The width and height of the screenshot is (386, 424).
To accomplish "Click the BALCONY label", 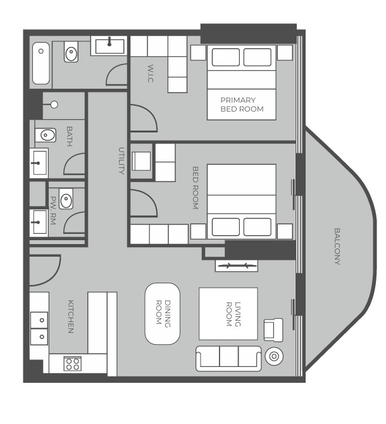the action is (x=337, y=246).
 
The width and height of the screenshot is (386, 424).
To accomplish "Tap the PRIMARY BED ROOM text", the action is (x=242, y=105).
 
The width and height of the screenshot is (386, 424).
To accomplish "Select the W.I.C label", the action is (x=151, y=74).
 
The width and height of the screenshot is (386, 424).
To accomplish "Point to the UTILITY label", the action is (x=121, y=160).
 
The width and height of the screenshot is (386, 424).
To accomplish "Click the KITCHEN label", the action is (x=70, y=316).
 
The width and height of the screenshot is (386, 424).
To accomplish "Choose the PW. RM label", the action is (x=53, y=210).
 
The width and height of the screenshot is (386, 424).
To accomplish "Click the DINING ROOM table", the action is (x=163, y=314).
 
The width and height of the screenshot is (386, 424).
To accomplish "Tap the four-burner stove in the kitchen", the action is (x=73, y=364).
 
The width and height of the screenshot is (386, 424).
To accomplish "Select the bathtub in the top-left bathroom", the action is (x=41, y=63).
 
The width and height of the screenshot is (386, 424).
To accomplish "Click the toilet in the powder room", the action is (x=66, y=199).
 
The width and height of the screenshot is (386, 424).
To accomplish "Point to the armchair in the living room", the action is (x=273, y=330).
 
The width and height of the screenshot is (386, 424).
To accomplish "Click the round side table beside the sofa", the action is (x=274, y=356).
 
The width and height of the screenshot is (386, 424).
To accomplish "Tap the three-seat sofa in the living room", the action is (x=228, y=358).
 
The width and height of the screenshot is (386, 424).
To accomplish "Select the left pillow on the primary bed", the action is (x=226, y=57).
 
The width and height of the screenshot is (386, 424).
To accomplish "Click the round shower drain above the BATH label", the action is (x=54, y=105).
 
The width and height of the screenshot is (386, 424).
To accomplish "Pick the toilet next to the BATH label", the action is (x=46, y=135).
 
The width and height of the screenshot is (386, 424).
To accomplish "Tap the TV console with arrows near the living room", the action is (x=237, y=266).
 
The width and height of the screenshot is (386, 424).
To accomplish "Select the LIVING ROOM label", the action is (x=233, y=314).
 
